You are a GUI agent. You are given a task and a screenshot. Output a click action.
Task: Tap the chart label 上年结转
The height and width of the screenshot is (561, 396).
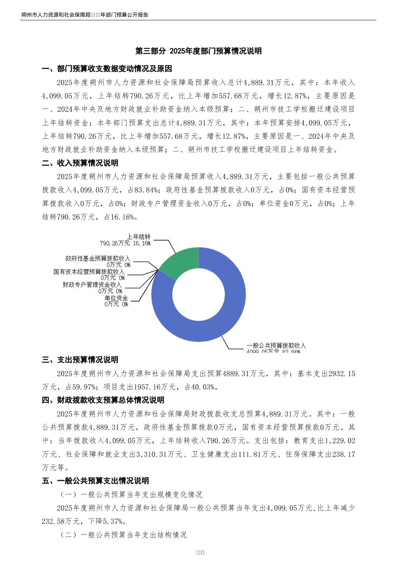[x=139, y=237]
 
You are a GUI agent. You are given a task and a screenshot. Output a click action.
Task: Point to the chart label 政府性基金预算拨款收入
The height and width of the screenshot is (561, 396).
[x=98, y=259]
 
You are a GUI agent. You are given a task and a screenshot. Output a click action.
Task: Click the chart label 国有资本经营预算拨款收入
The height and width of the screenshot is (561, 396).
[x=89, y=272]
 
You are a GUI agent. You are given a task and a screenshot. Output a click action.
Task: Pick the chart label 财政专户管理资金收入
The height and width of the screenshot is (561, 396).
[x=92, y=285]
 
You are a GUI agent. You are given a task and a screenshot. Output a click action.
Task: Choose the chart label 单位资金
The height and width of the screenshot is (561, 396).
[x=116, y=298]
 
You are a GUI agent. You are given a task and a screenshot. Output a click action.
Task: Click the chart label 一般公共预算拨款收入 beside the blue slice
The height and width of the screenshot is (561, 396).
[x=276, y=345]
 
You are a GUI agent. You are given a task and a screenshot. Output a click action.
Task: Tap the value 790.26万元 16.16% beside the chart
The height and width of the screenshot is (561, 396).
[x=125, y=243]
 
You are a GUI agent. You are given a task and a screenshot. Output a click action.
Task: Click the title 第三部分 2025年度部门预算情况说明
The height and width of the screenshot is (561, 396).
[x=198, y=51]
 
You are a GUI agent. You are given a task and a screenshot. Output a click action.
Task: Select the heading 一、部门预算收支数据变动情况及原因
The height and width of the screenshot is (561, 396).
[x=107, y=69]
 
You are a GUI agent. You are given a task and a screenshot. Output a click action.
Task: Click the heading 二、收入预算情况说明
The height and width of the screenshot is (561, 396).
[x=80, y=163]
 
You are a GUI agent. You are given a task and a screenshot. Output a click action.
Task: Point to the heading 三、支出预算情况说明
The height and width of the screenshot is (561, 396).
[x=80, y=359]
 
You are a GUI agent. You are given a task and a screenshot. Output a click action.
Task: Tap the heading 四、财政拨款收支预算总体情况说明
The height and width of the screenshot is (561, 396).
[x=103, y=400]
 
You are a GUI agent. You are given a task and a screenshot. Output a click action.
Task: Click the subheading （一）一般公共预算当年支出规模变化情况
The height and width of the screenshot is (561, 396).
[x=131, y=494]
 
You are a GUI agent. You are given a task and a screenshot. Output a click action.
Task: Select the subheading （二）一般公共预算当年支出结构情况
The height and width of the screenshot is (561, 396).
[x=124, y=535]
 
